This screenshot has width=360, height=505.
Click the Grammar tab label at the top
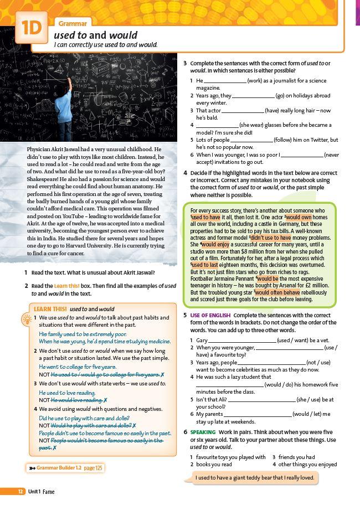pyautogui.click(x=71, y=23)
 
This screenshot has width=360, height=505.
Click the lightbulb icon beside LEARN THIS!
pyautogui.click(x=25, y=320)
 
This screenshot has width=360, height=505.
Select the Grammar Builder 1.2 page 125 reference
pyautogui.click(x=66, y=468)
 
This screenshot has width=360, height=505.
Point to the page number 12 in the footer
pyautogui.click(x=20, y=491)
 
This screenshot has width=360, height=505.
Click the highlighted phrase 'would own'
pyautogui.click(x=299, y=218)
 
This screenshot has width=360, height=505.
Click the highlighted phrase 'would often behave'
pyautogui.click(x=276, y=292)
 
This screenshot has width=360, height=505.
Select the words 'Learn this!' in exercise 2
pyautogui.click(x=67, y=286)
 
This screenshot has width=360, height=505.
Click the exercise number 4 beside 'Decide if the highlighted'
pyautogui.click(x=186, y=173)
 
